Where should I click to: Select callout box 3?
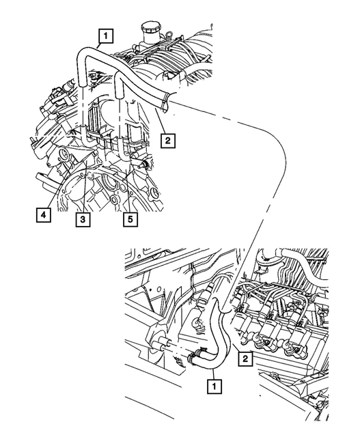(81, 219)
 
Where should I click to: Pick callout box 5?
(128, 219)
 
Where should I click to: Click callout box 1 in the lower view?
(214, 386)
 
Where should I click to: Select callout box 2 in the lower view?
(243, 356)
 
